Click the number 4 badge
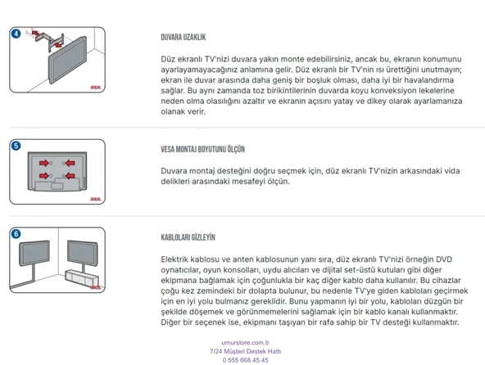point(16,34)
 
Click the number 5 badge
point(16,146)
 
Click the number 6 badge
point(16,233)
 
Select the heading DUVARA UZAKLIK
point(183,38)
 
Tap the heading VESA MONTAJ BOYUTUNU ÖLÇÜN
point(202,150)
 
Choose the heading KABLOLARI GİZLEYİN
point(188,237)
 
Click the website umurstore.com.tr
point(245,343)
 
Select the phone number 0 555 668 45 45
point(245,360)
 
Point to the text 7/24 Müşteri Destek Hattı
point(245,351)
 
